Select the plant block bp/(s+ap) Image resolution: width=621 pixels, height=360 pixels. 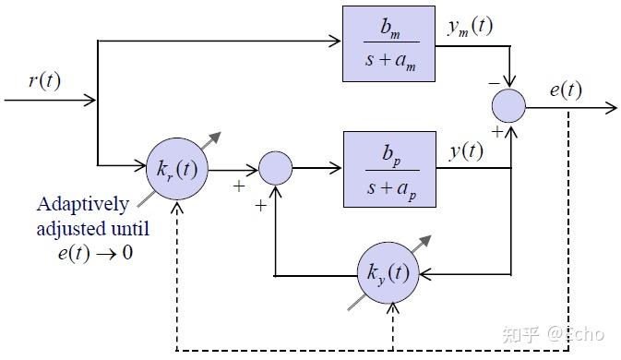(x=388, y=168)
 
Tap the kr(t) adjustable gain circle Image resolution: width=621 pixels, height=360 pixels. (x=177, y=168)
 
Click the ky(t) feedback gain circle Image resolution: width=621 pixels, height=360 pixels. (x=388, y=274)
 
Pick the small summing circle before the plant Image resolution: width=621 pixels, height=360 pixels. (x=275, y=168)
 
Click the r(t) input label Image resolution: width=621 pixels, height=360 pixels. (x=44, y=80)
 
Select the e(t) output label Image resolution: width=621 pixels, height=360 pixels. (x=565, y=90)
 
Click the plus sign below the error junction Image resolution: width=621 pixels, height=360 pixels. (x=496, y=132)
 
